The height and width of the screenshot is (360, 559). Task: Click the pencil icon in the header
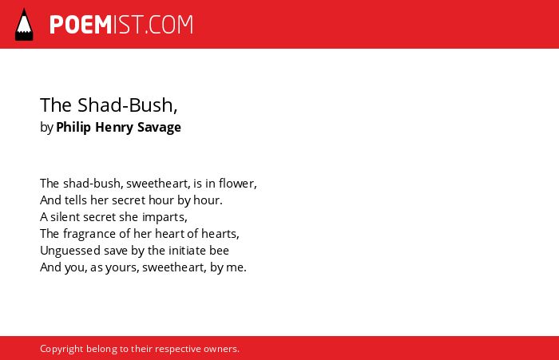pyautogui.click(x=24, y=24)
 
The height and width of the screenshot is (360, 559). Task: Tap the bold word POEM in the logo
pyautogui.click(x=81, y=25)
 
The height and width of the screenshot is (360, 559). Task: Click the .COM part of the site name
pyautogui.click(x=169, y=25)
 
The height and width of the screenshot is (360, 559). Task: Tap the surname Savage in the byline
pyautogui.click(x=159, y=128)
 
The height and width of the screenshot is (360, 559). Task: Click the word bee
pyautogui.click(x=219, y=250)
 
